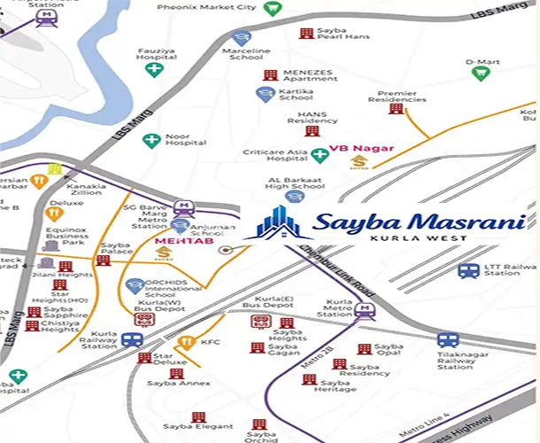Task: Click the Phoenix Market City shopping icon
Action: [x=272, y=8]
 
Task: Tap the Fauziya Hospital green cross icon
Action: [x=154, y=69]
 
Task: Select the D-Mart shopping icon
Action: [x=481, y=74]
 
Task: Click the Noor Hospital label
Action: [x=185, y=138]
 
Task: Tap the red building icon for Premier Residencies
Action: [x=396, y=109]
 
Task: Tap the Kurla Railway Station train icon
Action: [x=133, y=339]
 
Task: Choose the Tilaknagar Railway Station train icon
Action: [x=448, y=340]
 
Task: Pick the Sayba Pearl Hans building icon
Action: [x=306, y=33]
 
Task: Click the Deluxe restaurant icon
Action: [x=53, y=213]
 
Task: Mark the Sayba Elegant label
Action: [x=190, y=427]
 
